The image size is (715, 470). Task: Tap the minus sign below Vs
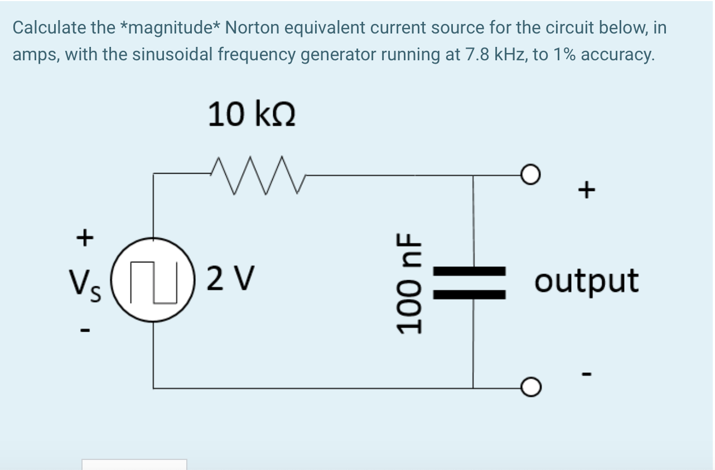tap(84, 330)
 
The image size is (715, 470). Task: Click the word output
tap(586, 281)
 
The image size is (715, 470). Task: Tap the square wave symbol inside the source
tap(154, 282)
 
